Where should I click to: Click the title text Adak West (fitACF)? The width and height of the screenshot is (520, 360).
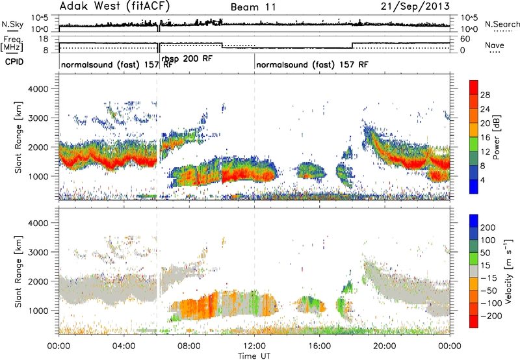pyautogui.click(x=114, y=6)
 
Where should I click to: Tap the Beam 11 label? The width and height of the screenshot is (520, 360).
pyautogui.click(x=253, y=7)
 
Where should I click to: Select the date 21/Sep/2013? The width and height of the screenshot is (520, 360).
pyautogui.click(x=415, y=6)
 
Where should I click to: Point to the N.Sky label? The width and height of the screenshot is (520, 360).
pyautogui.click(x=12, y=25)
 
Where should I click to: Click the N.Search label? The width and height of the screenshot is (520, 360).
pyautogui.click(x=502, y=24)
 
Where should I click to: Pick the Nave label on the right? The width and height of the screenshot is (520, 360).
pyautogui.click(x=495, y=45)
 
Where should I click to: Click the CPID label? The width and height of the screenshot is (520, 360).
pyautogui.click(x=14, y=62)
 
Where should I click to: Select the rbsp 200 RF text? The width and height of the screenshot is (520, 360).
pyautogui.click(x=187, y=59)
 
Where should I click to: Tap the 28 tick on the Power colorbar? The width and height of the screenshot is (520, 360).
pyautogui.click(x=485, y=95)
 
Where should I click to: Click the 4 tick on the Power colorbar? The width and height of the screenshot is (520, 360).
pyautogui.click(x=482, y=181)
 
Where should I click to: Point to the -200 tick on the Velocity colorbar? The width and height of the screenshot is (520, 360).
pyautogui.click(x=491, y=316)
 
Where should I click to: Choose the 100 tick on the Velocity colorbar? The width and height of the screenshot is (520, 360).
pyautogui.click(x=488, y=240)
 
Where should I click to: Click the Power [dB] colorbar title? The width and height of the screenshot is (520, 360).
pyautogui.click(x=496, y=137)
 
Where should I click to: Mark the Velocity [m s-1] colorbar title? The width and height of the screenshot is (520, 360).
pyautogui.click(x=508, y=271)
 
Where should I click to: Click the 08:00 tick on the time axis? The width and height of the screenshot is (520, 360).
pyautogui.click(x=189, y=346)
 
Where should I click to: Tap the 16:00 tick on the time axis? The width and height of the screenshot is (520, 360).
pyautogui.click(x=319, y=346)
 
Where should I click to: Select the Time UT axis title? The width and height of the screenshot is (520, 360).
pyautogui.click(x=254, y=356)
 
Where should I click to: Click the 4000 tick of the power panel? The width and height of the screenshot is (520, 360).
pyautogui.click(x=38, y=89)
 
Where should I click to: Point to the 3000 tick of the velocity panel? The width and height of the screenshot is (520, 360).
pyautogui.click(x=38, y=252)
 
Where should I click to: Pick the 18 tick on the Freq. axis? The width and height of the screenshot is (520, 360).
pyautogui.click(x=44, y=39)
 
